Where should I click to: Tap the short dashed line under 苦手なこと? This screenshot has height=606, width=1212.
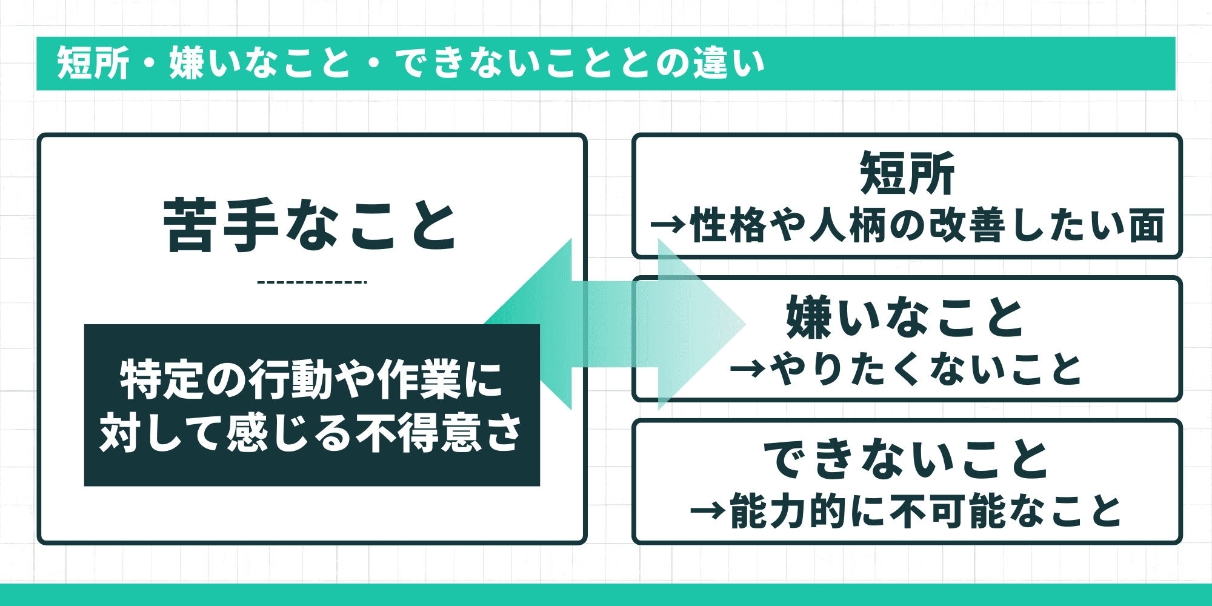click(x=311, y=282)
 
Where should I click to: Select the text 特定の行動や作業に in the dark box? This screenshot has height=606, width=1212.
click(x=311, y=380)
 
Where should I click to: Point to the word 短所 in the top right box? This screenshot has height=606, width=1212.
click(x=907, y=174)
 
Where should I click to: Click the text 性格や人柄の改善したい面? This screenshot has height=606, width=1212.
click(x=927, y=225)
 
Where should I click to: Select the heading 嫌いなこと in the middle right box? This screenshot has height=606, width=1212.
click(x=905, y=317)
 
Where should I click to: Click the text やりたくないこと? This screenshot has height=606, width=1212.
click(x=925, y=369)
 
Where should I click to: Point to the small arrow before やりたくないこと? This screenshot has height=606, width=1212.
click(x=748, y=369)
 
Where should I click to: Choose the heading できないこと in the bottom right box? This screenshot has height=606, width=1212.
click(x=906, y=459)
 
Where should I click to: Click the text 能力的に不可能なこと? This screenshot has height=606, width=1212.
click(x=925, y=511)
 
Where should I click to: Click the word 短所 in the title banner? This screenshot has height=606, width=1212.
click(x=93, y=63)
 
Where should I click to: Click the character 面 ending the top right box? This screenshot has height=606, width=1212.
click(x=1147, y=225)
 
